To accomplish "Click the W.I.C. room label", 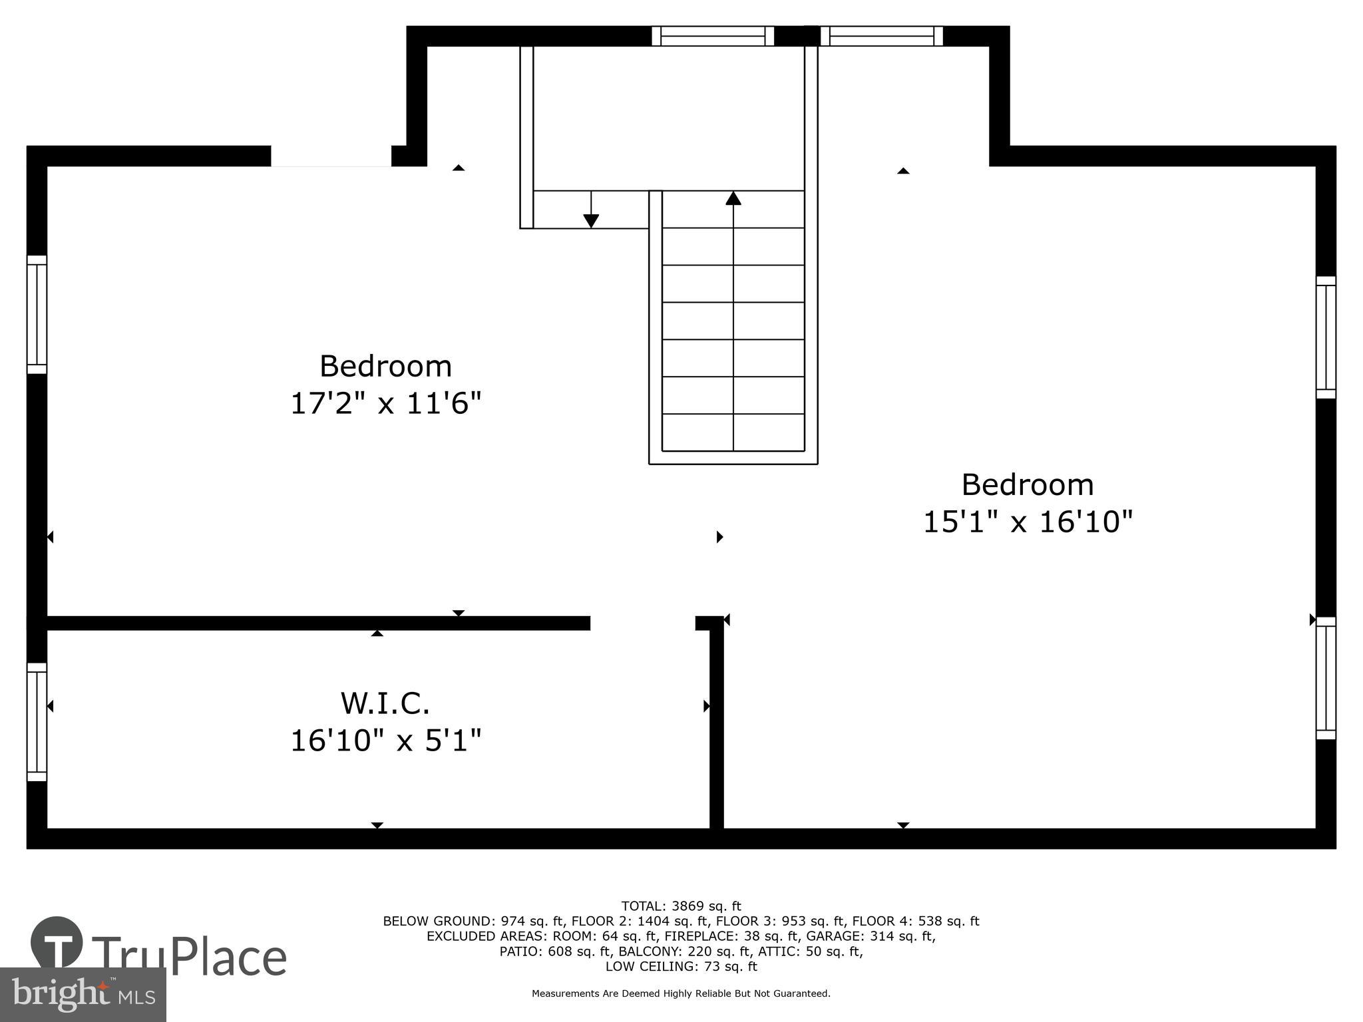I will [385, 704].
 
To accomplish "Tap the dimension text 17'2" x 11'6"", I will [385, 403].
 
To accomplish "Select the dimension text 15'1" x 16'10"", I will [1028, 522].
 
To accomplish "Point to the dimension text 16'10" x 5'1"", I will [385, 741].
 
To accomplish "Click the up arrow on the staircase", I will [733, 198].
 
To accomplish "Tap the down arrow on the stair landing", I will [590, 220].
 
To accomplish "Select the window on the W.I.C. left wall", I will [37, 722].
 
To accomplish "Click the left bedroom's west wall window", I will [37, 314].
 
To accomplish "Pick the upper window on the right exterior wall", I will [1326, 337].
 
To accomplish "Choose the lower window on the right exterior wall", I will [1326, 678].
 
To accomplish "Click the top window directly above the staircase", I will [712, 36].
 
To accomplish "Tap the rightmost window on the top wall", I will [881, 36].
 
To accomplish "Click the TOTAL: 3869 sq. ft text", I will [681, 906].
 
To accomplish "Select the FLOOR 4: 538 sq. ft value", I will [915, 922].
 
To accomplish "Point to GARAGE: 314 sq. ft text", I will [871, 936].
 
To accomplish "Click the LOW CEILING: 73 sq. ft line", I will [681, 966].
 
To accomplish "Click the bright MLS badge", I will [83, 995].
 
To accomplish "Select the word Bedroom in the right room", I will [1028, 484].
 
